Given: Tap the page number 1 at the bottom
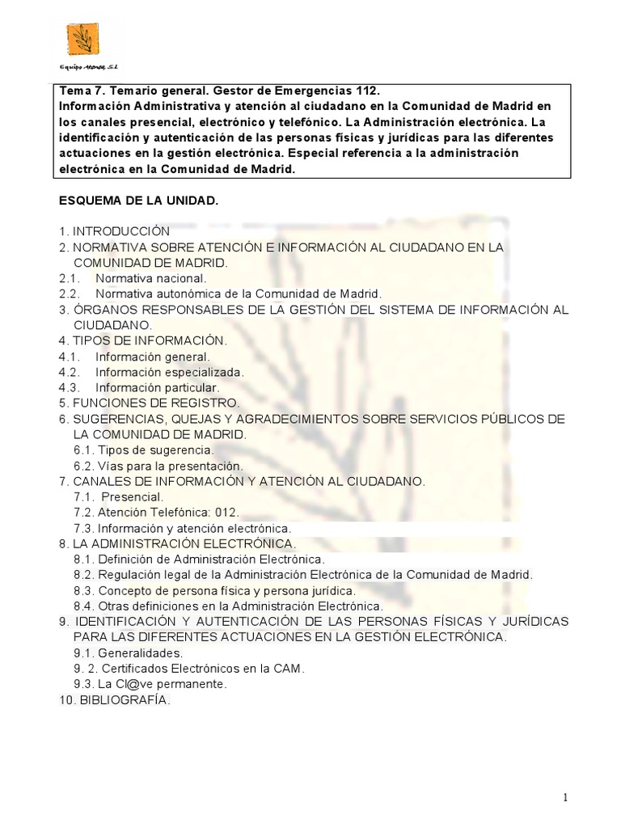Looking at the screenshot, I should [x=565, y=798].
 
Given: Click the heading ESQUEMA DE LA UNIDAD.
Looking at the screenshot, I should [x=138, y=199].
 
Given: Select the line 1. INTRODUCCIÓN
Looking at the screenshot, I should [x=114, y=230].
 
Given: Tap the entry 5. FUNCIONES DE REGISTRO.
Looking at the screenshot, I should [x=149, y=403].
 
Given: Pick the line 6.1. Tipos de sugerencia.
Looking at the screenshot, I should [x=144, y=450].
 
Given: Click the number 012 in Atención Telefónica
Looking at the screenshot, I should [x=228, y=513].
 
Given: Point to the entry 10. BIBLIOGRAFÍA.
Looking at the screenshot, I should [x=114, y=700].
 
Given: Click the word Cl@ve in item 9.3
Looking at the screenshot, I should [x=133, y=684].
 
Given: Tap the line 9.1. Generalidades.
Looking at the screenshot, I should [x=129, y=653].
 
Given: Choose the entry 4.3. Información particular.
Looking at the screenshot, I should [x=139, y=387].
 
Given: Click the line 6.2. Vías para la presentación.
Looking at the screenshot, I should [x=158, y=466].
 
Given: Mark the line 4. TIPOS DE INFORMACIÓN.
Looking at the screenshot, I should [x=142, y=340].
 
